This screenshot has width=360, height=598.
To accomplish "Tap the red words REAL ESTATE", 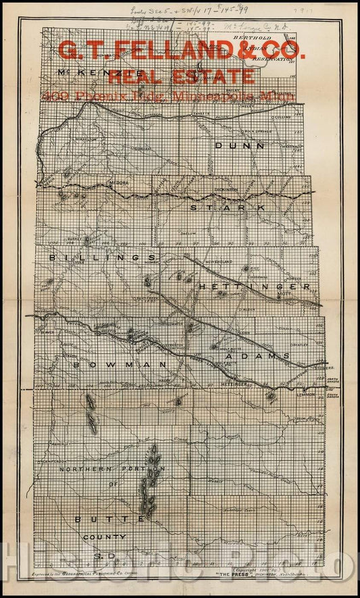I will coord(181,76).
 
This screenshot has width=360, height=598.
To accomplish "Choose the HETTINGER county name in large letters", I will coord(254,287).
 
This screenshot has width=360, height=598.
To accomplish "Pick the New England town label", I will coord(219,261).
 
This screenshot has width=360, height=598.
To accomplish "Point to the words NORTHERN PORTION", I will coord(111,469).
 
